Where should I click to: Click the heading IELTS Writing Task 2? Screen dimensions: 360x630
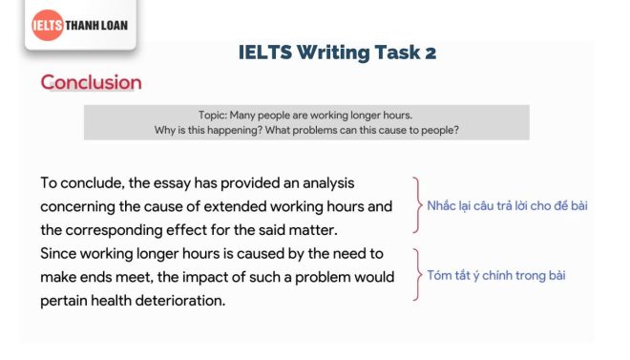337,53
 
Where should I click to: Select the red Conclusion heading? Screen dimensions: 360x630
91,82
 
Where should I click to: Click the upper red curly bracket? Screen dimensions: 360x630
416,204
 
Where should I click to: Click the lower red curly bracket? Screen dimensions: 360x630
416,275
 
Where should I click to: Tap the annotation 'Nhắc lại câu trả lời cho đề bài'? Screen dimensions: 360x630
507,205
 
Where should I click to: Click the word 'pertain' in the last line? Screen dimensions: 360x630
66,300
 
